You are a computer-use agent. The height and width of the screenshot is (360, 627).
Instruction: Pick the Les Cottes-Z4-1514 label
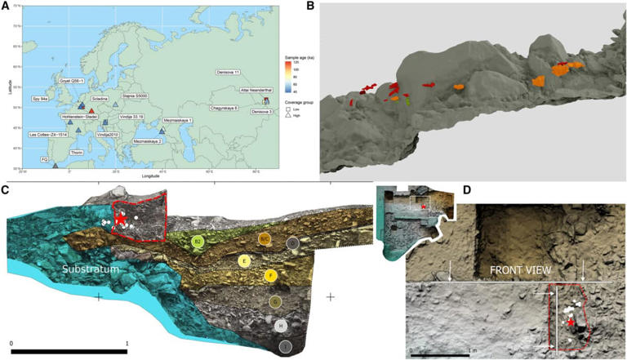(51, 134)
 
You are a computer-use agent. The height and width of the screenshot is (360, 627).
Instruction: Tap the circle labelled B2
(196, 242)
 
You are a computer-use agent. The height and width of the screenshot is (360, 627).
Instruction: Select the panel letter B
(311, 7)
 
